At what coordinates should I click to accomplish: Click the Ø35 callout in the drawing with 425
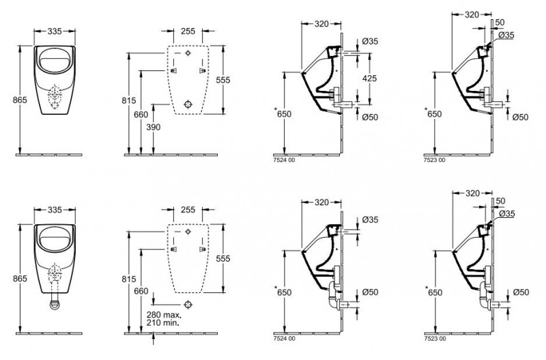click(x=369, y=42)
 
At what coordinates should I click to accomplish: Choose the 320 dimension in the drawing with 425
click(x=324, y=24)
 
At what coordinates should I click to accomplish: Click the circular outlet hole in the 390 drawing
click(x=188, y=104)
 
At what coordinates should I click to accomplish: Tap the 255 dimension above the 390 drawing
click(x=187, y=31)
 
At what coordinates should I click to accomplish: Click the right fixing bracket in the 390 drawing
click(x=202, y=70)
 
